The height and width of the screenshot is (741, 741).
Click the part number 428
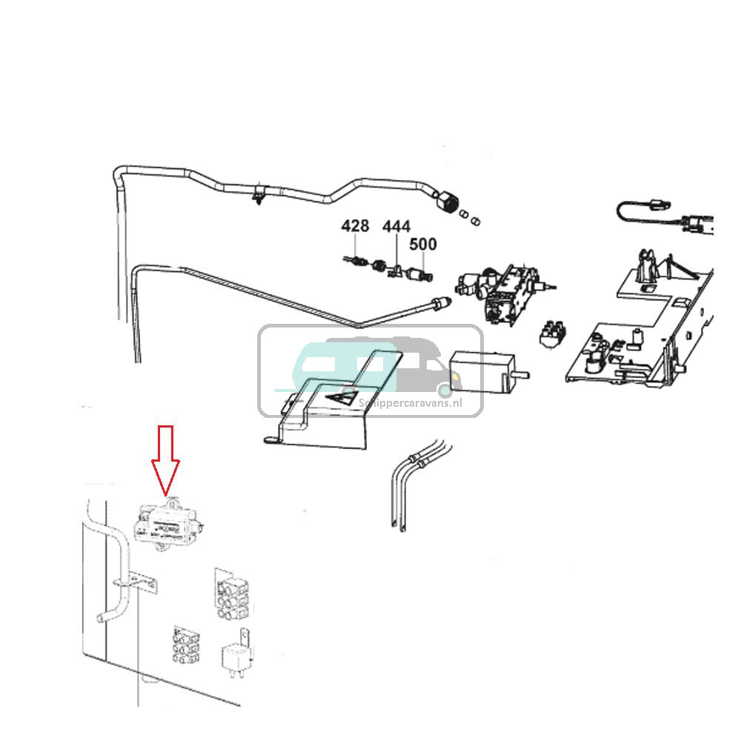[355, 226]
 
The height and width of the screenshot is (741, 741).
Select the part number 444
[396, 226]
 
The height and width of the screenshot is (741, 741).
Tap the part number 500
[423, 244]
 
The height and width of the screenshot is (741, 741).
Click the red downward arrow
[165, 459]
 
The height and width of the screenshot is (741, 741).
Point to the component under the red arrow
[168, 525]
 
